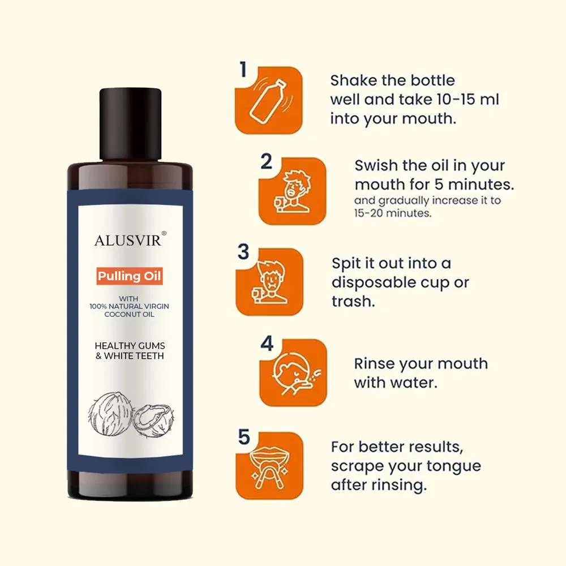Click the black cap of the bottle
[130, 124]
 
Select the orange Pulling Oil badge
[129, 276]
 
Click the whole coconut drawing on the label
[110, 415]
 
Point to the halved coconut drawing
[153, 421]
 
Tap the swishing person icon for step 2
[293, 191]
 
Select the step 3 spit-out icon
[269, 282]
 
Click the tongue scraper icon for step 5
[269, 466]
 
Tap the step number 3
[243, 252]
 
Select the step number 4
[267, 344]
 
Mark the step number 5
[244, 437]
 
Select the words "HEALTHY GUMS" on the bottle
[130, 346]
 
